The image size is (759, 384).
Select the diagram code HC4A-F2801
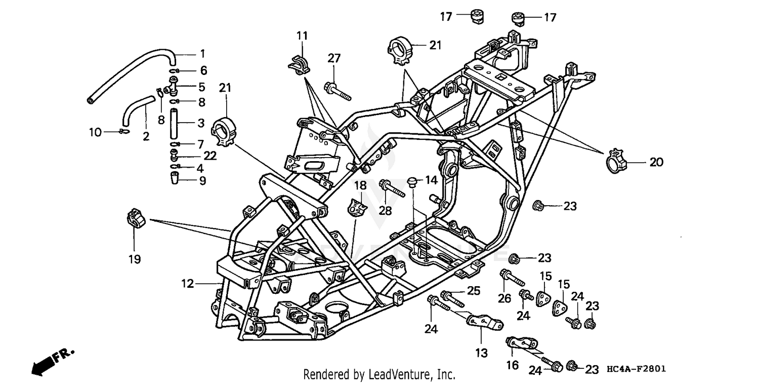636,369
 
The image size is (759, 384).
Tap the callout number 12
188,284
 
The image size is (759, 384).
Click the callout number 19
134,259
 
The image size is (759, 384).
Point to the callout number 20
656,163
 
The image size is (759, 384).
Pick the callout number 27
333,58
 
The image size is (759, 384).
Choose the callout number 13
482,353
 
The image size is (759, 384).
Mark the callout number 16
512,365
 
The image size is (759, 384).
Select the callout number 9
202,180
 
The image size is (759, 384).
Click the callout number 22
210,156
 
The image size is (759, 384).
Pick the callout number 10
95,132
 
